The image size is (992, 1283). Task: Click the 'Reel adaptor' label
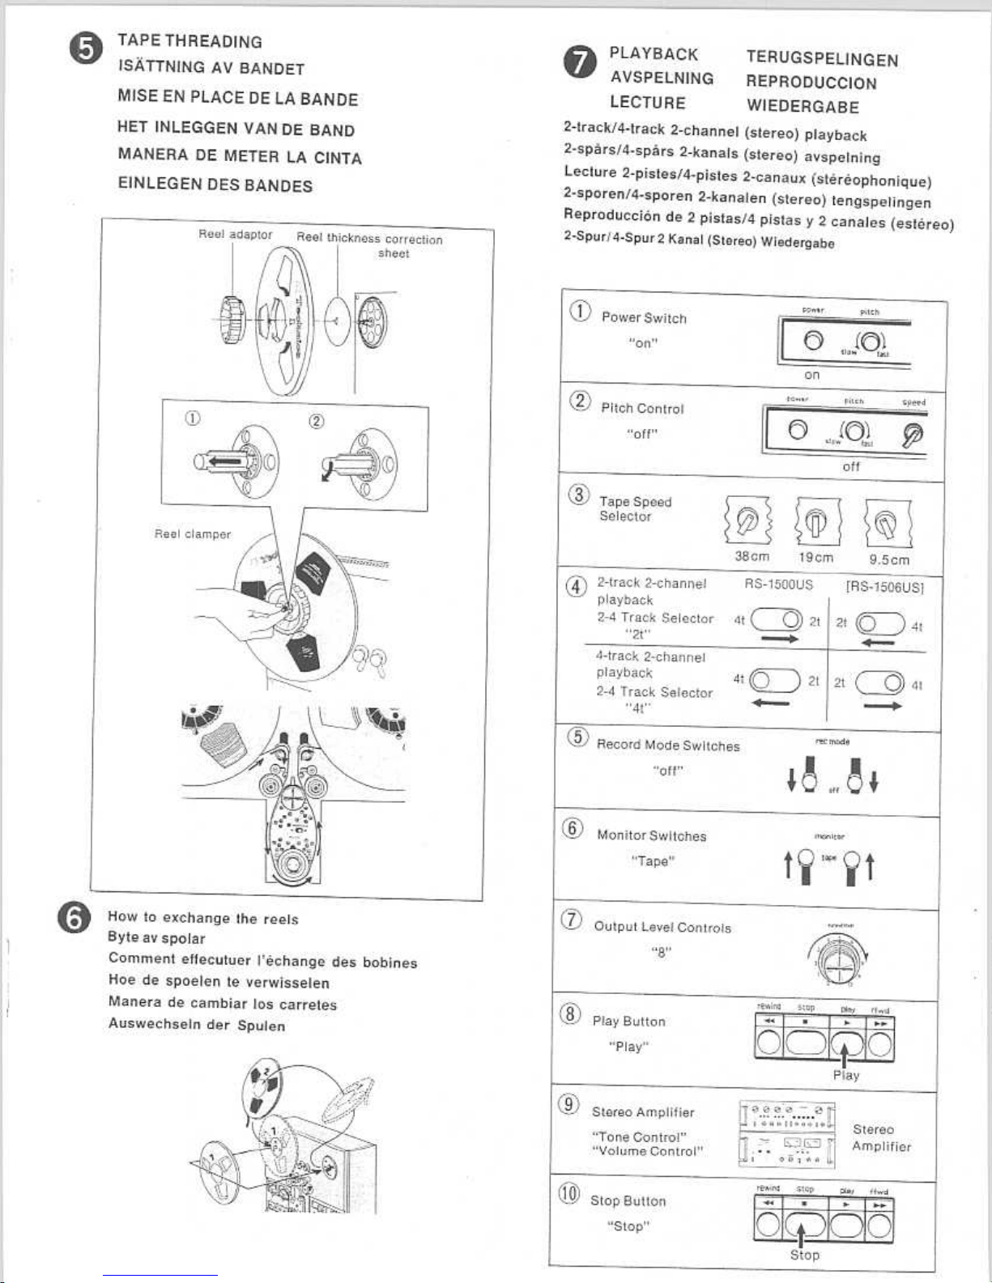tap(235, 235)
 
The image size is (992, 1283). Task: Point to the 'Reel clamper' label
tap(193, 534)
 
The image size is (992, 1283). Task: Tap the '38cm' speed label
tap(751, 557)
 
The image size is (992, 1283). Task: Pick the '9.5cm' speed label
tap(889, 559)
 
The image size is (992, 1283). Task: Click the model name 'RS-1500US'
tap(778, 584)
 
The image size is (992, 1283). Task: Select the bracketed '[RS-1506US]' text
tap(884, 588)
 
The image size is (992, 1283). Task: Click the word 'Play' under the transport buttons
tap(845, 1075)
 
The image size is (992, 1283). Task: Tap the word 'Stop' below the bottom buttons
tap(804, 1255)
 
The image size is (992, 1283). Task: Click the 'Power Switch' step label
tap(644, 318)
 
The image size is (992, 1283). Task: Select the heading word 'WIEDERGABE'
tap(803, 107)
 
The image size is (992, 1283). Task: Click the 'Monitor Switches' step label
tap(651, 835)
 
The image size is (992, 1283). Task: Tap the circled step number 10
tap(569, 1193)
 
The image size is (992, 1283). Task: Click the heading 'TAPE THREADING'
tap(189, 41)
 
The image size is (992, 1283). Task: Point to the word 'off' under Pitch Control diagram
tap(851, 467)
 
